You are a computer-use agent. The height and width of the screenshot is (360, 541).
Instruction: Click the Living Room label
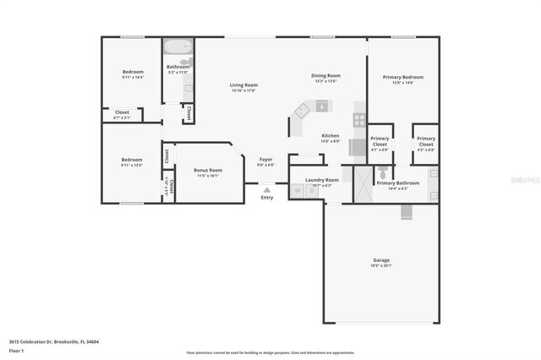(x=244, y=85)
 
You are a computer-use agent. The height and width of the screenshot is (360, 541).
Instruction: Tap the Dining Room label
(x=325, y=75)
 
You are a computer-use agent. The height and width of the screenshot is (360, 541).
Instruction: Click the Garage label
(x=381, y=259)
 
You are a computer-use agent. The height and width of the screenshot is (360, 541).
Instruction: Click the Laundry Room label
(x=322, y=179)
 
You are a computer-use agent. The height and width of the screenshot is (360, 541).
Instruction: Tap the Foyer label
(x=265, y=159)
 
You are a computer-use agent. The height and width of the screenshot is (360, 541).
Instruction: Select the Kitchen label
(x=331, y=135)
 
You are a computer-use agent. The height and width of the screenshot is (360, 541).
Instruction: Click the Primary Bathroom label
(x=397, y=183)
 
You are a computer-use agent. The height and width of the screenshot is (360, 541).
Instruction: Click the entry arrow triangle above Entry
(x=267, y=190)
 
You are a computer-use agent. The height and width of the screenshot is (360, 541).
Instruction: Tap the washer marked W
(x=298, y=192)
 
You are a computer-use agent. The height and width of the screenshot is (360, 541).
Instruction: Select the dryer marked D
(x=310, y=192)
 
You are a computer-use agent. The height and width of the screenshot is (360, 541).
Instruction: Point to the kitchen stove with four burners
(x=359, y=119)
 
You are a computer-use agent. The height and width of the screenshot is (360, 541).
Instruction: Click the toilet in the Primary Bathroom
(x=382, y=172)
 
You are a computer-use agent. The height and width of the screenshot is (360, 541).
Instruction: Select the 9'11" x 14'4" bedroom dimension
(x=132, y=77)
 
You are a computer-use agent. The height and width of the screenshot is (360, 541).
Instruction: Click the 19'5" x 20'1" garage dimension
(x=381, y=265)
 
